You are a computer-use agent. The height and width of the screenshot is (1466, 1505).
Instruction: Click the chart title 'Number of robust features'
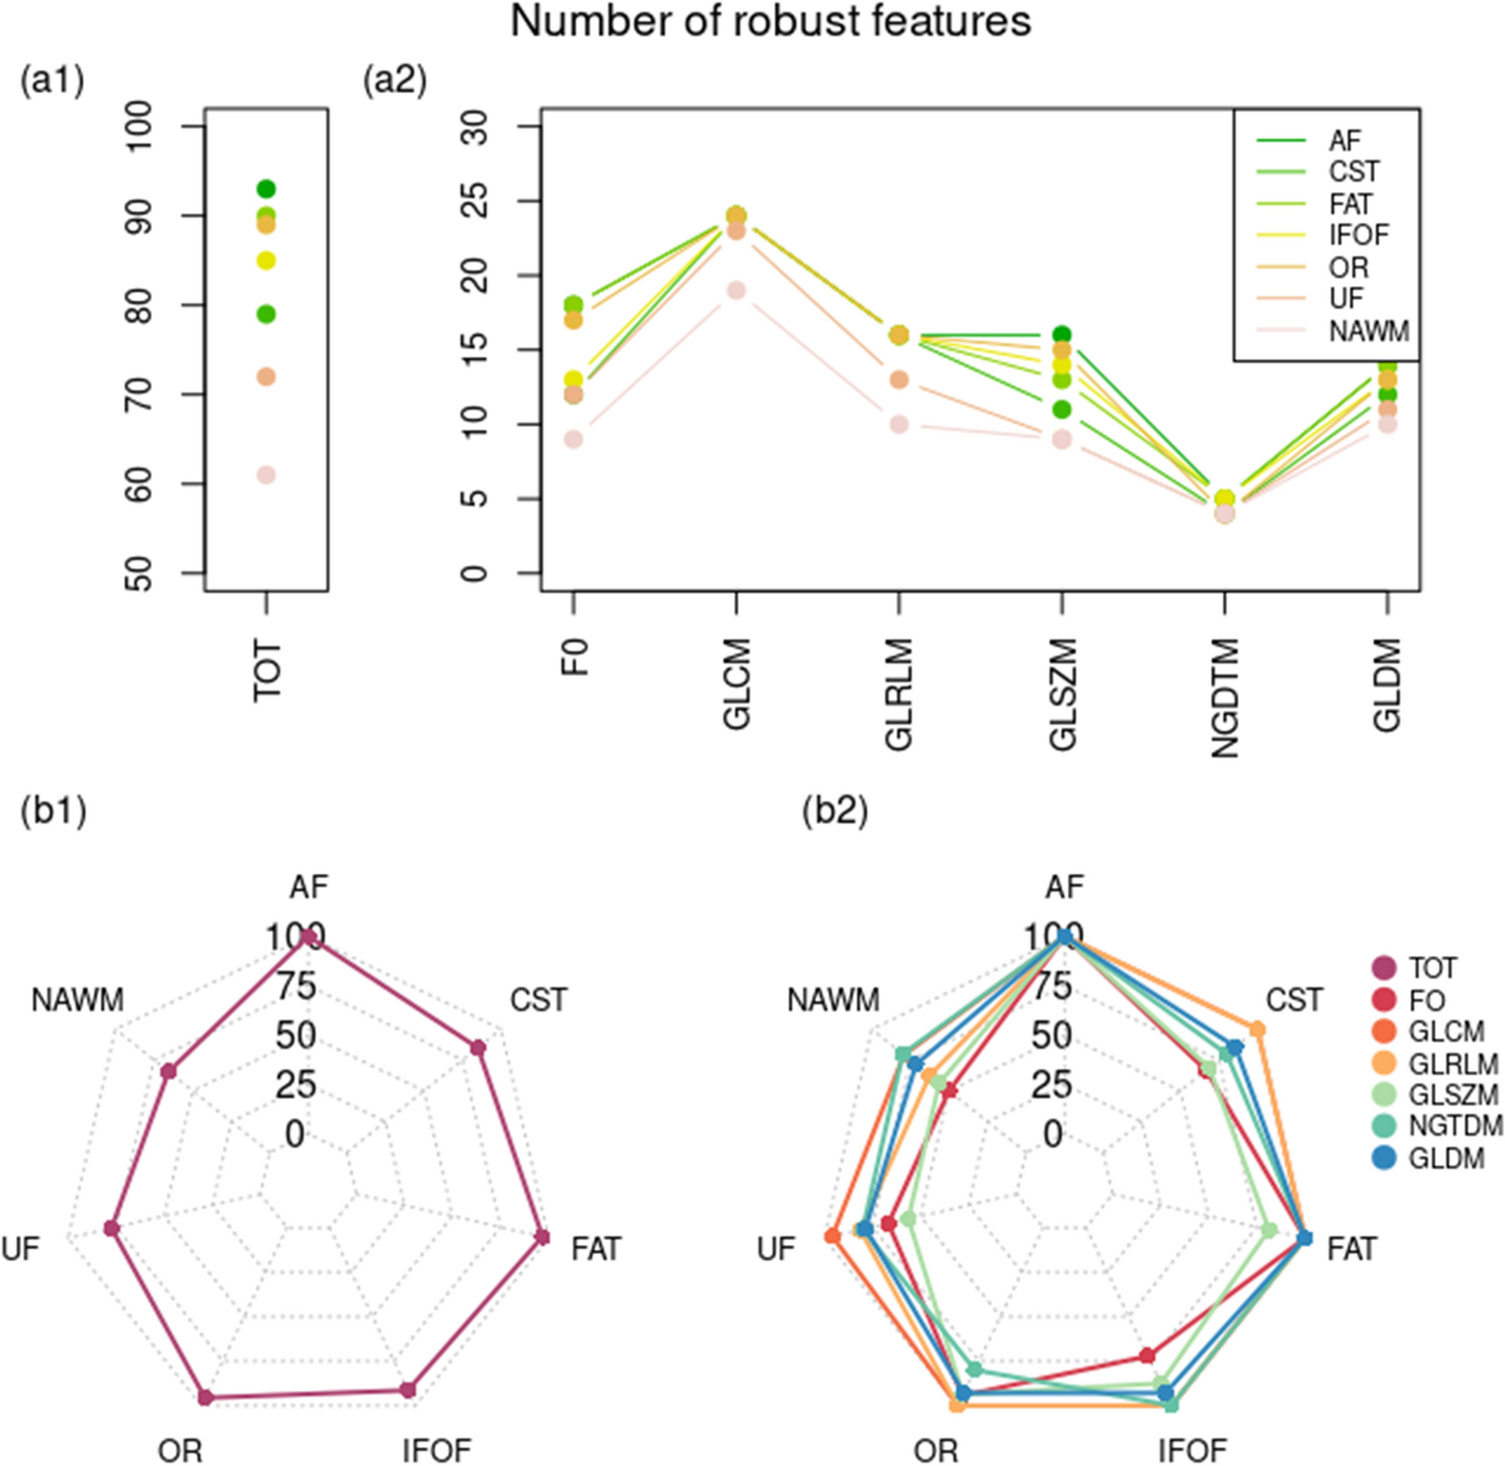click(x=770, y=22)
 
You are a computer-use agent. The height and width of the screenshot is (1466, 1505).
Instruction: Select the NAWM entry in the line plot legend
click(x=1368, y=331)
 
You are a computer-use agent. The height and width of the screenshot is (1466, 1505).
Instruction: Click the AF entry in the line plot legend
click(x=1344, y=141)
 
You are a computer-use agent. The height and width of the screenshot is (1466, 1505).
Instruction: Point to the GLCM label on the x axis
click(x=737, y=683)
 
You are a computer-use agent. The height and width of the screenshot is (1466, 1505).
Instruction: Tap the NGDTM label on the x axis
click(x=1225, y=697)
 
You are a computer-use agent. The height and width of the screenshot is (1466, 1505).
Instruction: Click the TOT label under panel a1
click(x=267, y=671)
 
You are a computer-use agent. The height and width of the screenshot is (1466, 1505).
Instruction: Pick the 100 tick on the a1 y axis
click(x=139, y=125)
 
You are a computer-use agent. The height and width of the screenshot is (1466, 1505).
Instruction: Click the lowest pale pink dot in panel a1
click(x=266, y=475)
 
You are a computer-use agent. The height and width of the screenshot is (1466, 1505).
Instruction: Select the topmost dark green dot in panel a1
click(x=266, y=189)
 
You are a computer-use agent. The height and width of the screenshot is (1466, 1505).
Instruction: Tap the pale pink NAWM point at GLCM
click(x=736, y=290)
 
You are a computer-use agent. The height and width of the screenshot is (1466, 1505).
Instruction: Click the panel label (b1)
click(x=53, y=810)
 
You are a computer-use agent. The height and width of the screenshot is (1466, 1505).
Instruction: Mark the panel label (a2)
click(x=394, y=80)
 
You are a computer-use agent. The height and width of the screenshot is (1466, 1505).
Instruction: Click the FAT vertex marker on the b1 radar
click(x=540, y=1238)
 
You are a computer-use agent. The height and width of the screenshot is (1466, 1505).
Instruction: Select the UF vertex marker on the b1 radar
click(x=111, y=1228)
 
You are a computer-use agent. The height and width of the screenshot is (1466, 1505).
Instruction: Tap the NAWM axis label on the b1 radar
click(x=77, y=1000)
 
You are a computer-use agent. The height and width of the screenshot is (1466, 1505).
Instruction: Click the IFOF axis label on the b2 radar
click(x=1191, y=1450)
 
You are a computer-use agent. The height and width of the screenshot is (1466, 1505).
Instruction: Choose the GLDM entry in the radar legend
click(x=1446, y=1158)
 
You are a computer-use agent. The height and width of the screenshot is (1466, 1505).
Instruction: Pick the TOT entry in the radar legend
click(x=1432, y=968)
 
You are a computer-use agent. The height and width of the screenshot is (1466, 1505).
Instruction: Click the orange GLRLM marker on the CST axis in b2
click(x=1257, y=1029)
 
